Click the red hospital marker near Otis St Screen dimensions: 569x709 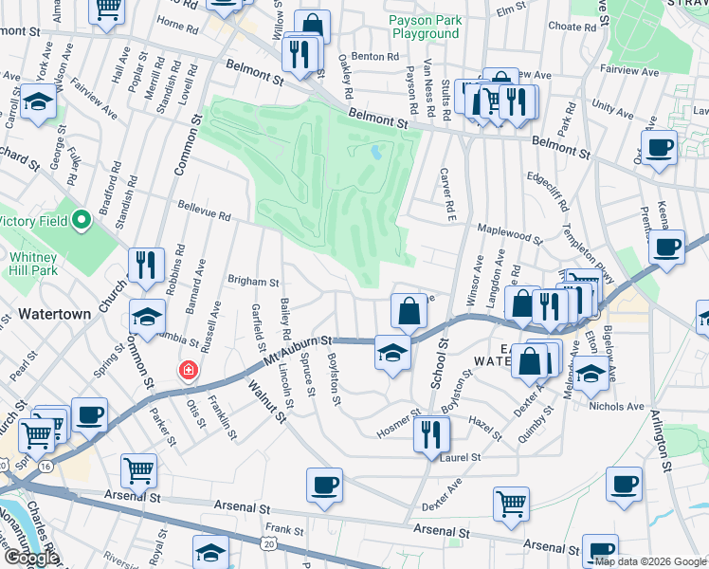(x=190, y=371)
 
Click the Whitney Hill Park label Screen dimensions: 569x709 (x=35, y=264)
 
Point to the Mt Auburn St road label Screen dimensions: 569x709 (x=300, y=348)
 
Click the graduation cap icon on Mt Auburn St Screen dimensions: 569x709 (x=392, y=353)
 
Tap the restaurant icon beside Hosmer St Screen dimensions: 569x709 (x=431, y=434)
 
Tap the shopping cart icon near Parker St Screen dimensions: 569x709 (x=138, y=470)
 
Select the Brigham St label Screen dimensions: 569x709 (x=253, y=282)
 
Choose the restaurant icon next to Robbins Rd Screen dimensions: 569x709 (x=146, y=266)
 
